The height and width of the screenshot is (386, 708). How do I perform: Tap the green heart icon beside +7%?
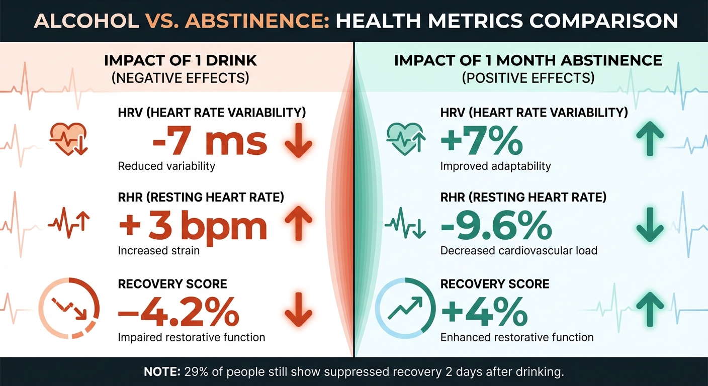(x=405, y=140)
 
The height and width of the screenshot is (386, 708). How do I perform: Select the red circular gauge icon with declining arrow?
(x=69, y=308)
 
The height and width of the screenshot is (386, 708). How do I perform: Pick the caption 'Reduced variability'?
(x=166, y=166)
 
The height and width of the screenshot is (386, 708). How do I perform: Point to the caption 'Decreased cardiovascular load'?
(x=518, y=250)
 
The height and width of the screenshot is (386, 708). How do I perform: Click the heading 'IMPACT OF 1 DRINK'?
(x=181, y=61)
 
